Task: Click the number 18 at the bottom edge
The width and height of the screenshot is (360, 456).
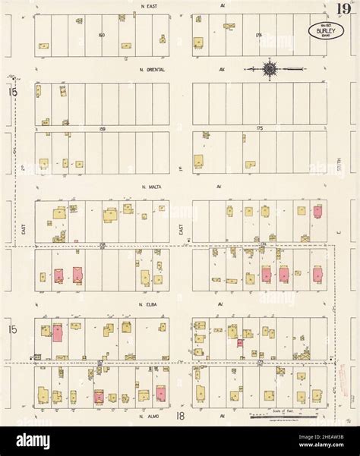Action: click(x=180, y=417)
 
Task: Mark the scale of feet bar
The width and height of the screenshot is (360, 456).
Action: click(x=281, y=416)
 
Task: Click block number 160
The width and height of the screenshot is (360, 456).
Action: click(x=101, y=35)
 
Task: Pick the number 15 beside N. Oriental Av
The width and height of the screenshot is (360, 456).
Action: click(x=12, y=92)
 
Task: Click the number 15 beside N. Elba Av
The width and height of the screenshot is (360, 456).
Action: click(x=12, y=329)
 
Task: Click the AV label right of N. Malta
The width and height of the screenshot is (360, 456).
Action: click(x=218, y=186)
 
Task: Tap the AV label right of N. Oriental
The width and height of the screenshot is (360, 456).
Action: click(x=223, y=70)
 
